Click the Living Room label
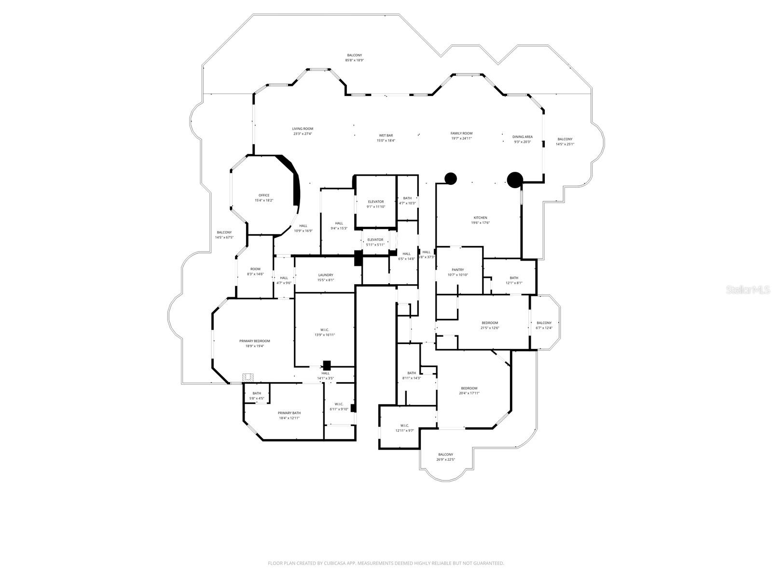pyautogui.click(x=303, y=129)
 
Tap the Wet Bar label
pyautogui.click(x=386, y=136)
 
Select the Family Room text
pyautogui.click(x=461, y=133)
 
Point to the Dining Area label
pyautogui.click(x=522, y=137)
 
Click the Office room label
pyautogui.click(x=264, y=195)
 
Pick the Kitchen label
pyautogui.click(x=480, y=218)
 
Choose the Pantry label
pyautogui.click(x=457, y=270)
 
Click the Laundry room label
pyautogui.click(x=325, y=275)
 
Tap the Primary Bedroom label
pyautogui.click(x=254, y=341)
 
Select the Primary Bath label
pyautogui.click(x=289, y=413)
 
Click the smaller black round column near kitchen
pyautogui.click(x=450, y=179)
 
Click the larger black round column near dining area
pyautogui.click(x=515, y=179)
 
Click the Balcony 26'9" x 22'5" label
pyautogui.click(x=445, y=455)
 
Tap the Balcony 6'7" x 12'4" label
pyautogui.click(x=544, y=323)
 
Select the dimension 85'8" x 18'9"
pyautogui.click(x=354, y=60)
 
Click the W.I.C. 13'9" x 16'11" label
pyautogui.click(x=324, y=330)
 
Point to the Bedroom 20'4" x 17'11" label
pyautogui.click(x=469, y=388)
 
